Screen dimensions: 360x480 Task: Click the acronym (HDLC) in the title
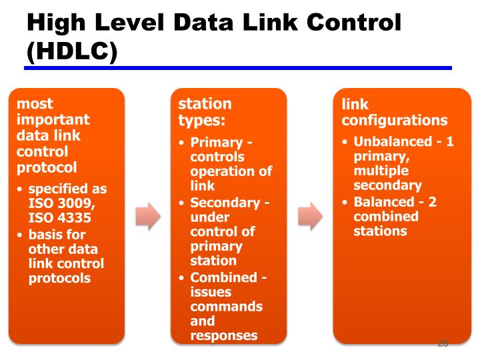click(72, 51)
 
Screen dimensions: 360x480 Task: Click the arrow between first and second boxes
click(148, 216)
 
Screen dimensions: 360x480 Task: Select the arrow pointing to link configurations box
click(310, 216)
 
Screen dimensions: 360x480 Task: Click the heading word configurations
click(395, 121)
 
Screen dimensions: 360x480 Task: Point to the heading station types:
click(205, 112)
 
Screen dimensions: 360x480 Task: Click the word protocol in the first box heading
click(47, 167)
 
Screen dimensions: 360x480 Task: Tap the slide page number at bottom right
click(443, 344)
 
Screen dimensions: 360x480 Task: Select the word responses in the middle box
click(224, 335)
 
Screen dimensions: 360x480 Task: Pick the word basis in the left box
click(47, 234)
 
